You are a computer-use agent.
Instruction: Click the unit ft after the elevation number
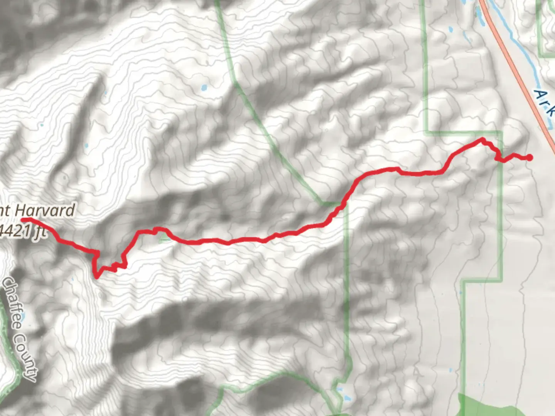point(40,233)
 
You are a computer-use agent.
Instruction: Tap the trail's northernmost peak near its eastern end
point(482,139)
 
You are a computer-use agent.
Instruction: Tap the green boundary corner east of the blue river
point(541,57)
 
